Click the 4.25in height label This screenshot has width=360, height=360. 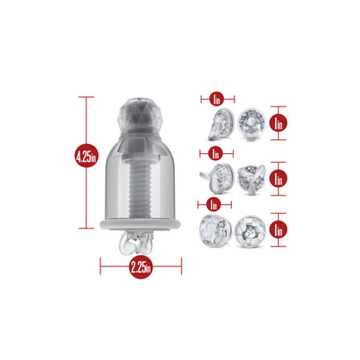[x=87, y=157]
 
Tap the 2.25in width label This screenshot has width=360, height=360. [x=141, y=267]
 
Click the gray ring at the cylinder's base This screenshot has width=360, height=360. [x=140, y=224]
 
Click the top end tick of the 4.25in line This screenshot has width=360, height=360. [x=86, y=97]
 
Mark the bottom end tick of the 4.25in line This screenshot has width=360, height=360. [x=86, y=228]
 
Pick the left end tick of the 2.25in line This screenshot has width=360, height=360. [x=100, y=266]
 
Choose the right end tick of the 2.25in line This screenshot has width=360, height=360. [x=182, y=266]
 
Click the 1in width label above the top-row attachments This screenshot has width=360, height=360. [x=216, y=100]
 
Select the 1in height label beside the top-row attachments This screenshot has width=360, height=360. [x=278, y=123]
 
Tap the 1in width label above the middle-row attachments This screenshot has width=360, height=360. [x=215, y=153]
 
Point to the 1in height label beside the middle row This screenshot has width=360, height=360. [x=278, y=179]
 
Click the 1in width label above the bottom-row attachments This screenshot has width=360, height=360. [x=214, y=204]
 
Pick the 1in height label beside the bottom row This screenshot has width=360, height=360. [x=278, y=229]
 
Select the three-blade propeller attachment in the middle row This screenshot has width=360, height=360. [x=251, y=179]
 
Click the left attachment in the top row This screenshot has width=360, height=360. [x=221, y=125]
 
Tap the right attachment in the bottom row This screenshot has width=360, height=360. [x=250, y=231]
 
